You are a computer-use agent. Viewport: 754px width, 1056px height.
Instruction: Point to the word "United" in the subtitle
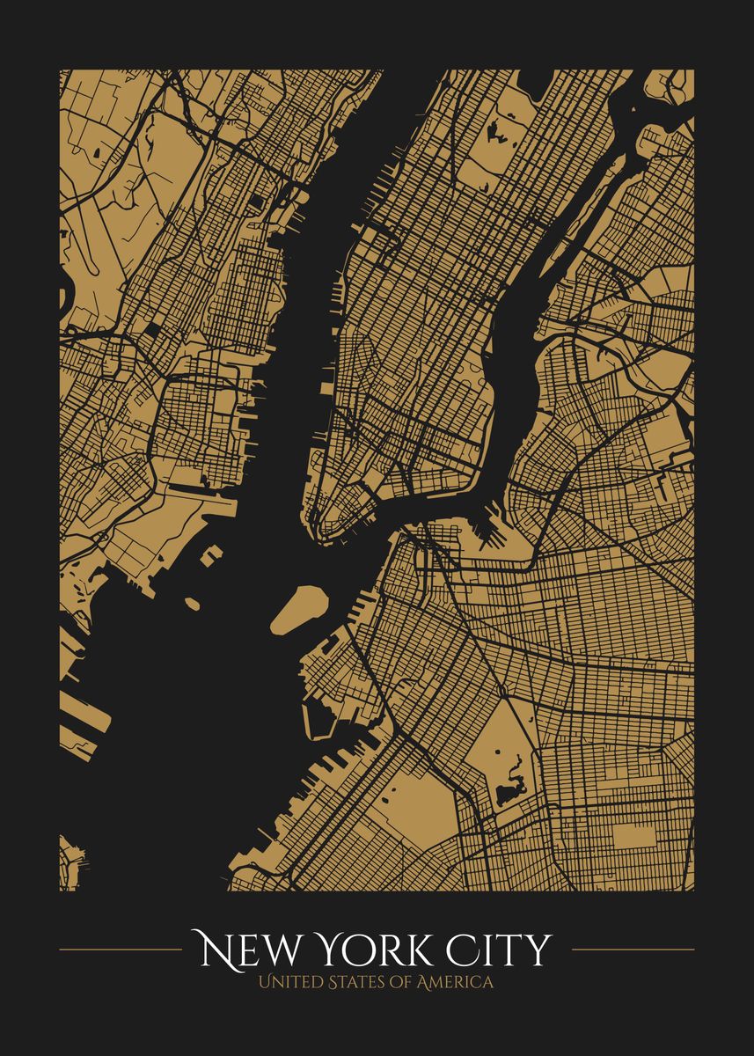pyautogui.click(x=291, y=982)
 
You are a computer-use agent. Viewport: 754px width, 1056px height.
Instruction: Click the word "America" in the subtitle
pyautogui.click(x=454, y=982)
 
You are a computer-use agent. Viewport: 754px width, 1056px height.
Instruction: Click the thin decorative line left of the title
pyautogui.click(x=120, y=950)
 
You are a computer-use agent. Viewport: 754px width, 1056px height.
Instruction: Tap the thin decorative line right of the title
pyautogui.click(x=633, y=950)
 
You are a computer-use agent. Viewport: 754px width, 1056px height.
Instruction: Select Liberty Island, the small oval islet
pyautogui.click(x=192, y=603)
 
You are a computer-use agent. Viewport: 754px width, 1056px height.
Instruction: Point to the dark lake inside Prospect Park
pyautogui.click(x=509, y=792)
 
